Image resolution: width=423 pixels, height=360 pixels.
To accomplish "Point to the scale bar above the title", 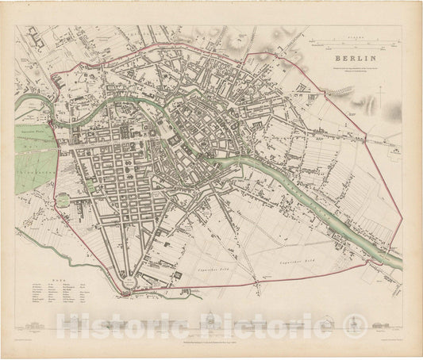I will click(x=352, y=40).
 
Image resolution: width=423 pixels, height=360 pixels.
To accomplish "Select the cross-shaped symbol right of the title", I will click(x=382, y=98).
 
